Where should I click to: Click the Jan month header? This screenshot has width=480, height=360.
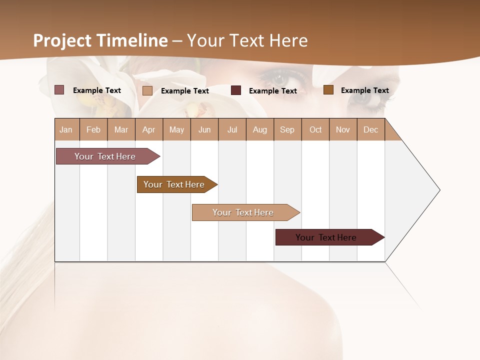point(66,129)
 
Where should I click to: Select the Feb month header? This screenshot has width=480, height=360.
point(93,129)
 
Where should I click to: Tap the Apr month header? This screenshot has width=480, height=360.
point(149,129)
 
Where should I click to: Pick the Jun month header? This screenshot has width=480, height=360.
point(204,129)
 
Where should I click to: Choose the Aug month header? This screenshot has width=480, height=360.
point(260,129)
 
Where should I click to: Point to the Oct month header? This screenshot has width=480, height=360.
point(315,129)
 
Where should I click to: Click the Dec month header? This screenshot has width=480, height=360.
point(370,129)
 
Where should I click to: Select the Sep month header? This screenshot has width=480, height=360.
point(287,129)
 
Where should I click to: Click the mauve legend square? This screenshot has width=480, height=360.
point(59,90)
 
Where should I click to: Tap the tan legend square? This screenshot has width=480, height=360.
point(147,90)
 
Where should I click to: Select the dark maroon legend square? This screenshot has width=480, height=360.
point(236,90)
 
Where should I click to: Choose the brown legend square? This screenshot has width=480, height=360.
point(328,90)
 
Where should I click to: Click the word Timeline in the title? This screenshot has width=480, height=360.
point(132,40)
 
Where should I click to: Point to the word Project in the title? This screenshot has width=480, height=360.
point(63,40)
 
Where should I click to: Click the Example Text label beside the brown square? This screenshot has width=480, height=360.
point(364,90)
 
